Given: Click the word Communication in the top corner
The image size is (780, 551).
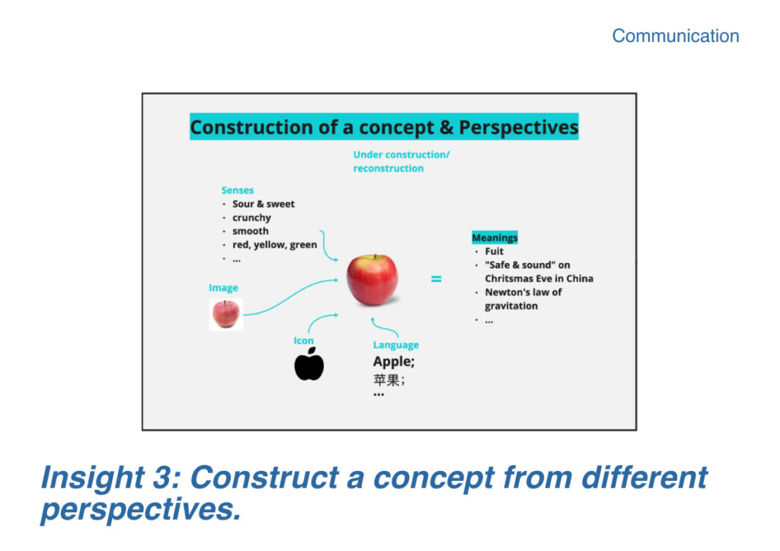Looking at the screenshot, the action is [x=675, y=36].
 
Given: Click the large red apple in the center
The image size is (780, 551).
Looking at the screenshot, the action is [x=372, y=280].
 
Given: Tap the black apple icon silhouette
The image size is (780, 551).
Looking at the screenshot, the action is [x=309, y=364].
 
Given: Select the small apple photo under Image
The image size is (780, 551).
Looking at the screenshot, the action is [x=225, y=315].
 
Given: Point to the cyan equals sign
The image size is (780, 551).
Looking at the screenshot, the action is [x=436, y=279].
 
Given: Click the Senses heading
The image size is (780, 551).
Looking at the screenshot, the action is [x=238, y=190].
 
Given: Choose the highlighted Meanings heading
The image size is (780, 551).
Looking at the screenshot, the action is [x=494, y=238].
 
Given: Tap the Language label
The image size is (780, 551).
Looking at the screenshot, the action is [x=395, y=345].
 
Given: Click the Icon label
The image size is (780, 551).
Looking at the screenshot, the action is [x=303, y=341].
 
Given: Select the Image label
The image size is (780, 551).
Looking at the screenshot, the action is [x=223, y=288].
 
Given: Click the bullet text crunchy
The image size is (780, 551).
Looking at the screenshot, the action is [x=251, y=217].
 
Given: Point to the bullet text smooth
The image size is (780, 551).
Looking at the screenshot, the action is [x=250, y=231].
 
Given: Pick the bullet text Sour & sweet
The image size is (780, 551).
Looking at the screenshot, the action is [x=263, y=203].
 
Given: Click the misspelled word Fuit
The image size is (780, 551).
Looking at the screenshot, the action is [x=494, y=251].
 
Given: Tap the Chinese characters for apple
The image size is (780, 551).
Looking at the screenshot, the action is [x=387, y=380].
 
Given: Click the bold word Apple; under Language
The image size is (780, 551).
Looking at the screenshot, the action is [x=394, y=362].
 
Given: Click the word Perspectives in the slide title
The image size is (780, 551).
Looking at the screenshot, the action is [x=518, y=127].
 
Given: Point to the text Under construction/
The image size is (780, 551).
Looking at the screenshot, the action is [x=401, y=155].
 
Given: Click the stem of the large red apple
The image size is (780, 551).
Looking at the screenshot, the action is [x=375, y=258].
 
